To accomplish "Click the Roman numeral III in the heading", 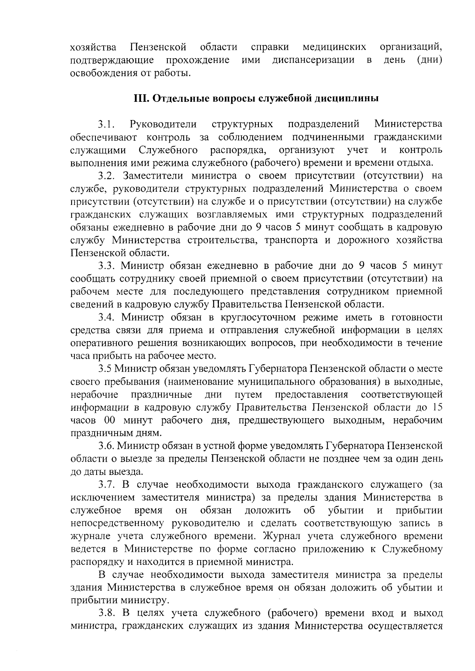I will [x=141, y=98].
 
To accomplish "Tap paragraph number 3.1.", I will [x=106, y=124].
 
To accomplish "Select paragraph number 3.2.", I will [x=106, y=175].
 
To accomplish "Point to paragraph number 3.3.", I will [x=106, y=265].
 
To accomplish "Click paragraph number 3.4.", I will [x=106, y=317].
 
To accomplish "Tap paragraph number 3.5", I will [x=105, y=369].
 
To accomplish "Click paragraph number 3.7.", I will [x=106, y=484].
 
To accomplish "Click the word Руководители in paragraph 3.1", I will [x=163, y=124].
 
